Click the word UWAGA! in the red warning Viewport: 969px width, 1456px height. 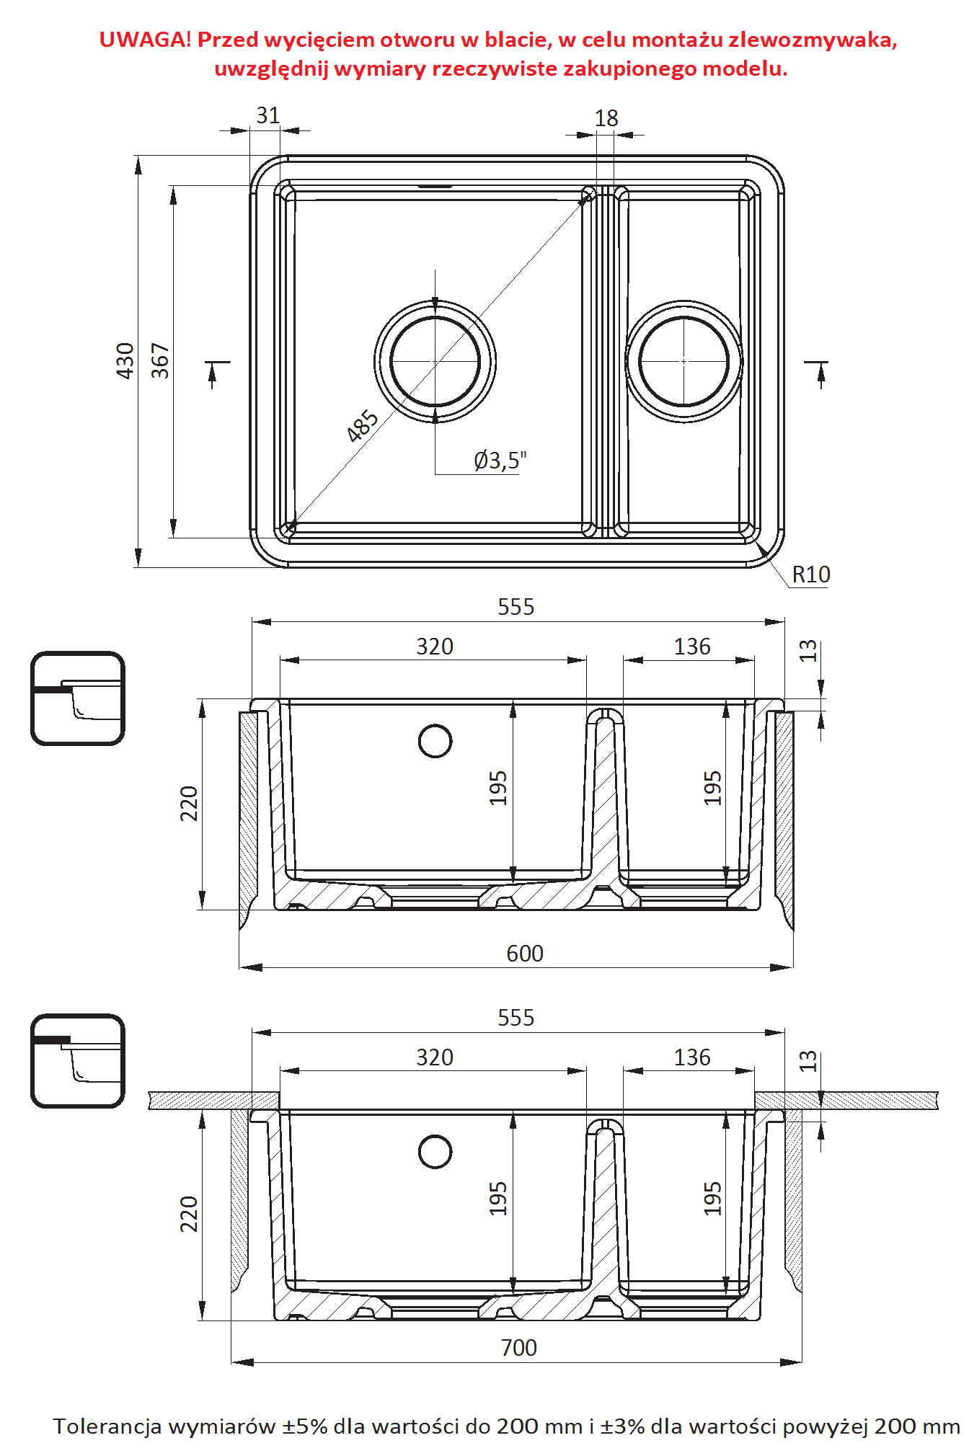[x=145, y=40]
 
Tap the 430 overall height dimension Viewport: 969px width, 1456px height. [x=125, y=360]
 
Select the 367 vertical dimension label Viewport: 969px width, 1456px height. [x=160, y=360]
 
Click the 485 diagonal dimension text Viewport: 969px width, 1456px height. [x=362, y=425]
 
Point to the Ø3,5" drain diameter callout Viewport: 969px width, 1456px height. [x=500, y=460]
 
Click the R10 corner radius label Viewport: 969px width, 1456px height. [x=810, y=574]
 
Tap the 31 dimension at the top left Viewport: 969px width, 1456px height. [x=267, y=115]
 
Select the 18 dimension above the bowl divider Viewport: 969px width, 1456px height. [x=606, y=118]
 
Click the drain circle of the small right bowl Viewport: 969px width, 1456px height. [x=683, y=361]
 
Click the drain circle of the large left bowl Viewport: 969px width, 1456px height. [x=435, y=361]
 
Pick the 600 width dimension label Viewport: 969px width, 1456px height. [x=524, y=954]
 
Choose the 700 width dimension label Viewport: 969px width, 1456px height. [x=518, y=1348]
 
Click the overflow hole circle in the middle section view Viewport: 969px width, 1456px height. [x=435, y=741]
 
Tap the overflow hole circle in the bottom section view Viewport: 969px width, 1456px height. [x=435, y=1152]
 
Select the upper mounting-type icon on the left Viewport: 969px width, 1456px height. [x=78, y=698]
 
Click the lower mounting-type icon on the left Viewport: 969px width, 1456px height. [x=78, y=1060]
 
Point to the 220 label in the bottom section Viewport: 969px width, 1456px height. [x=189, y=1214]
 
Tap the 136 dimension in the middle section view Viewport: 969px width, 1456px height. [x=692, y=647]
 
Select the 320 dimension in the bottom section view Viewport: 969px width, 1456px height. [x=435, y=1057]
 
